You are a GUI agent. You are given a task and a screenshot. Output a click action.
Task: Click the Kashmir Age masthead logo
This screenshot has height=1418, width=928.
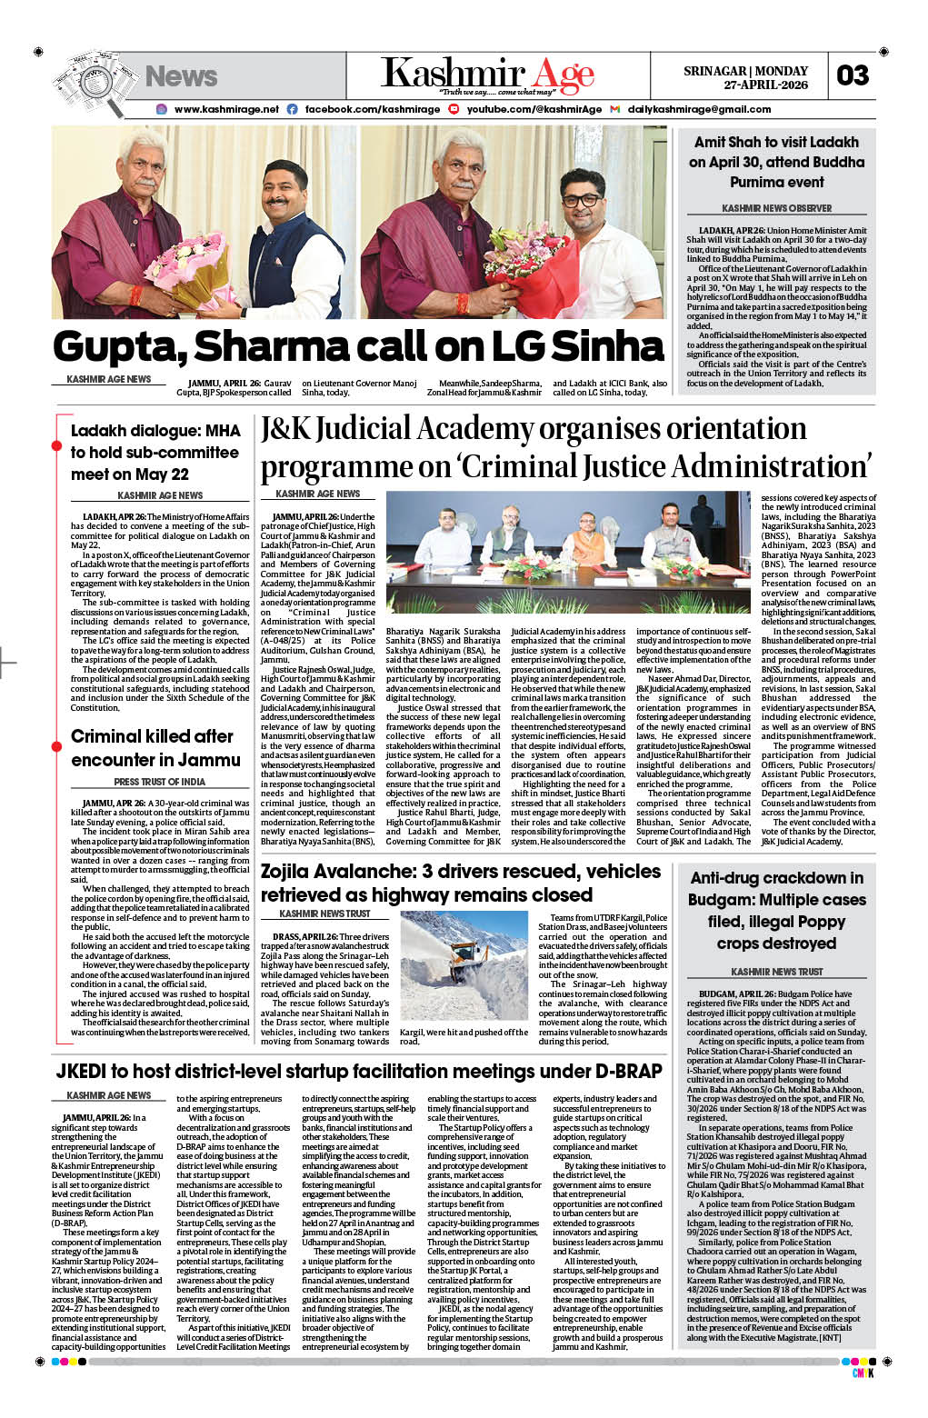[x=487, y=75]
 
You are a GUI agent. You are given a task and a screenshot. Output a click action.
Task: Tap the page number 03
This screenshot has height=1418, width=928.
[x=853, y=75]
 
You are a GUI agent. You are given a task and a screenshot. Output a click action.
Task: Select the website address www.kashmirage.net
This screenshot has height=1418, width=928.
[x=226, y=109]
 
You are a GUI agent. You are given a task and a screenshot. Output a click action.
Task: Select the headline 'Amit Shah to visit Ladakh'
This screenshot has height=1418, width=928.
[x=776, y=143]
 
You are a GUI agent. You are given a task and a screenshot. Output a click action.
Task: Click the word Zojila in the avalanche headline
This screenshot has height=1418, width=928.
[x=297, y=872]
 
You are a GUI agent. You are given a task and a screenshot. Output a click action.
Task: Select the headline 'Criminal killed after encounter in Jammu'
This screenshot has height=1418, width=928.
[x=155, y=748]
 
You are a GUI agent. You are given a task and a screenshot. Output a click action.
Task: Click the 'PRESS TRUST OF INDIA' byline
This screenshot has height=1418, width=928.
[x=159, y=782]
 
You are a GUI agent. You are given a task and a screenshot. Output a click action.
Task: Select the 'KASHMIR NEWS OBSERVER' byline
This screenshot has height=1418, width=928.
[x=776, y=208]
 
